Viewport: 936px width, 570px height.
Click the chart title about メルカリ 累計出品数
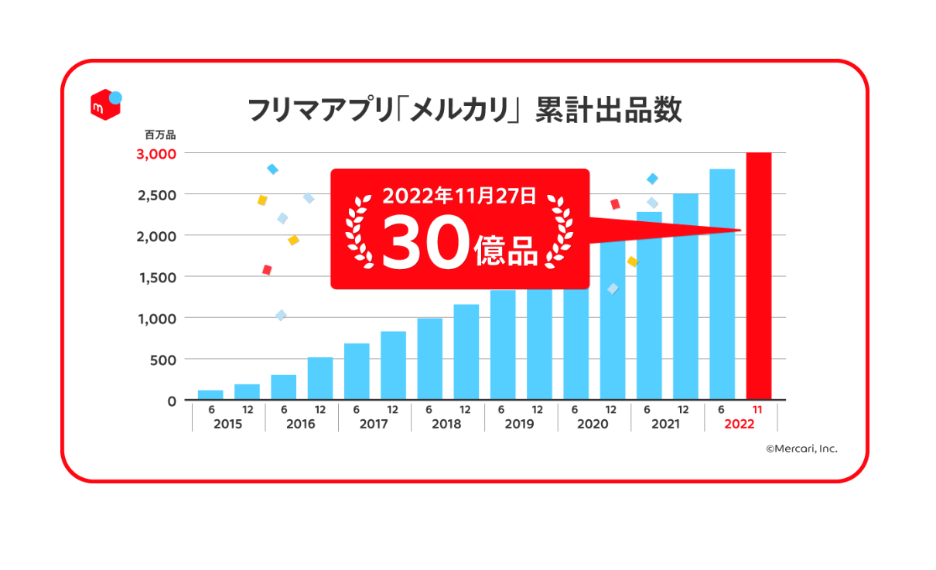pyautogui.click(x=464, y=110)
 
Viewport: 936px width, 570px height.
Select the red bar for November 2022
pyautogui.click(x=759, y=276)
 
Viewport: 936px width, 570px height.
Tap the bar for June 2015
pyautogui.click(x=210, y=395)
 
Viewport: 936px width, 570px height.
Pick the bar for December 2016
pyautogui.click(x=320, y=379)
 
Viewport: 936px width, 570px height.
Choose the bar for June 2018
pyautogui.click(x=429, y=359)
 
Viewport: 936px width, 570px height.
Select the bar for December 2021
pyautogui.click(x=685, y=297)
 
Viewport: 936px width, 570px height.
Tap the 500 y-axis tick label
pyautogui.click(x=163, y=360)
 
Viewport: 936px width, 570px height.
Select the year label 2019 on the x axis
pyautogui.click(x=519, y=424)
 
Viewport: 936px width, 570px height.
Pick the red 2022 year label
pyautogui.click(x=739, y=424)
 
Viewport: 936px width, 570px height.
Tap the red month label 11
pyautogui.click(x=758, y=410)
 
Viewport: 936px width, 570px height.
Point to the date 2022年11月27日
pyautogui.click(x=459, y=196)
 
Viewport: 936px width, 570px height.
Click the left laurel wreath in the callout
pyautogui.click(x=360, y=232)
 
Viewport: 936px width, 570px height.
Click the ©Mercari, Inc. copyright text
pyautogui.click(x=801, y=449)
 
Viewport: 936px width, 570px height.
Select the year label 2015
pyautogui.click(x=227, y=424)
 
